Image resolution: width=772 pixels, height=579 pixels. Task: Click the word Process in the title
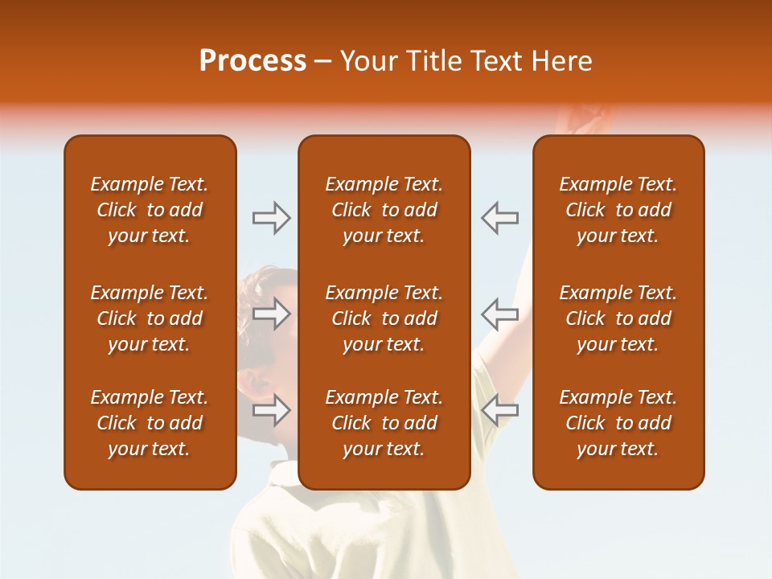tap(253, 61)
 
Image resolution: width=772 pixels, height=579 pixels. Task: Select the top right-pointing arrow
tap(271, 218)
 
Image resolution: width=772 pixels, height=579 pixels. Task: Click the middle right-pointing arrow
tap(271, 314)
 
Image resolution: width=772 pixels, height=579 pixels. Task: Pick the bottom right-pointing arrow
tap(271, 410)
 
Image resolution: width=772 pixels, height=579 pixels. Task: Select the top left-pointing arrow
tap(499, 218)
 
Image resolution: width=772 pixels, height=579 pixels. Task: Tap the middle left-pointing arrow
tap(499, 314)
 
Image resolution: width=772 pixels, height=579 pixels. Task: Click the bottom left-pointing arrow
tap(499, 410)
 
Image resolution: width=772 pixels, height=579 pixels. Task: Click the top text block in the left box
tap(150, 210)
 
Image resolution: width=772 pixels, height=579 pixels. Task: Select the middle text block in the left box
tap(150, 318)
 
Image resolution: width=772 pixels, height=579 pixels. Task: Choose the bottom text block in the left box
tap(150, 423)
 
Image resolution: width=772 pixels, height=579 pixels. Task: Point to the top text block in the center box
tap(384, 210)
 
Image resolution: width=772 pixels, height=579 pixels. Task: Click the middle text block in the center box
tap(384, 318)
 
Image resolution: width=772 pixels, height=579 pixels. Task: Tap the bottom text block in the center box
tap(384, 423)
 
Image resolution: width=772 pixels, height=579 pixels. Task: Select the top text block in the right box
tap(618, 210)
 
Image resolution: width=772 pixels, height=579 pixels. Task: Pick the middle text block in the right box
tap(618, 318)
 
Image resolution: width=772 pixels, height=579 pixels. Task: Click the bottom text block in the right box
tap(618, 423)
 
